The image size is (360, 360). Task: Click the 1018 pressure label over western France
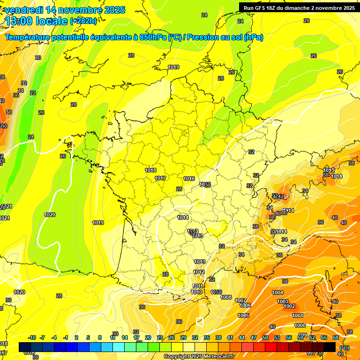(x=150, y=171)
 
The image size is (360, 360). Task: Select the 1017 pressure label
(x=160, y=179)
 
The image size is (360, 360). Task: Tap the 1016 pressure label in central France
(x=189, y=179)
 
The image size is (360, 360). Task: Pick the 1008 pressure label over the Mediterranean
(x=226, y=297)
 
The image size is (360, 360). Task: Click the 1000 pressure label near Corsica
(x=300, y=325)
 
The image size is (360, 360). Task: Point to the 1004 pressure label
(x=277, y=293)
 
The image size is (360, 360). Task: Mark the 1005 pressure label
(x=243, y=316)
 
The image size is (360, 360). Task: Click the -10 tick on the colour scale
(x=32, y=337)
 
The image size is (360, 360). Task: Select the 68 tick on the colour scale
(x=336, y=337)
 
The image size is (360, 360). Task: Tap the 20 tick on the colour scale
(x=148, y=337)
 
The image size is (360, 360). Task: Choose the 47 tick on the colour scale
(x=254, y=337)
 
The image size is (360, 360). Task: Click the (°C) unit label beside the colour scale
(x=345, y=347)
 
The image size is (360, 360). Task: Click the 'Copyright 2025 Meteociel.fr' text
(x=199, y=356)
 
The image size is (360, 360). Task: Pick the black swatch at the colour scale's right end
(x=330, y=347)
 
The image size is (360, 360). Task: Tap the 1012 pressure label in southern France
(x=199, y=272)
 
